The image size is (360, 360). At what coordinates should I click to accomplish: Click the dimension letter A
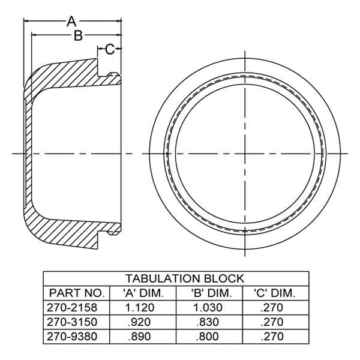(71, 22)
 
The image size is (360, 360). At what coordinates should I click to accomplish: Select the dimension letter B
(78, 35)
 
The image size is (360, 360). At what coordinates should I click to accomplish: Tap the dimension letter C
(110, 49)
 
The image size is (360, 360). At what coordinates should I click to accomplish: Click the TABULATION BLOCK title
(185, 278)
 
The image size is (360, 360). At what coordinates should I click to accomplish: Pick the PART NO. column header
(77, 293)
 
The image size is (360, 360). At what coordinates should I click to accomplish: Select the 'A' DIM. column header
(143, 293)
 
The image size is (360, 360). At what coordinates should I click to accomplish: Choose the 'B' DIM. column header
(211, 293)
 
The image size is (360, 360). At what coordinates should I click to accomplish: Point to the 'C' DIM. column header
(274, 293)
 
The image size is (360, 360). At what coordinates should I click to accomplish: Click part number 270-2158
(72, 307)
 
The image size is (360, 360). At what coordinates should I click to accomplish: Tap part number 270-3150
(72, 322)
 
